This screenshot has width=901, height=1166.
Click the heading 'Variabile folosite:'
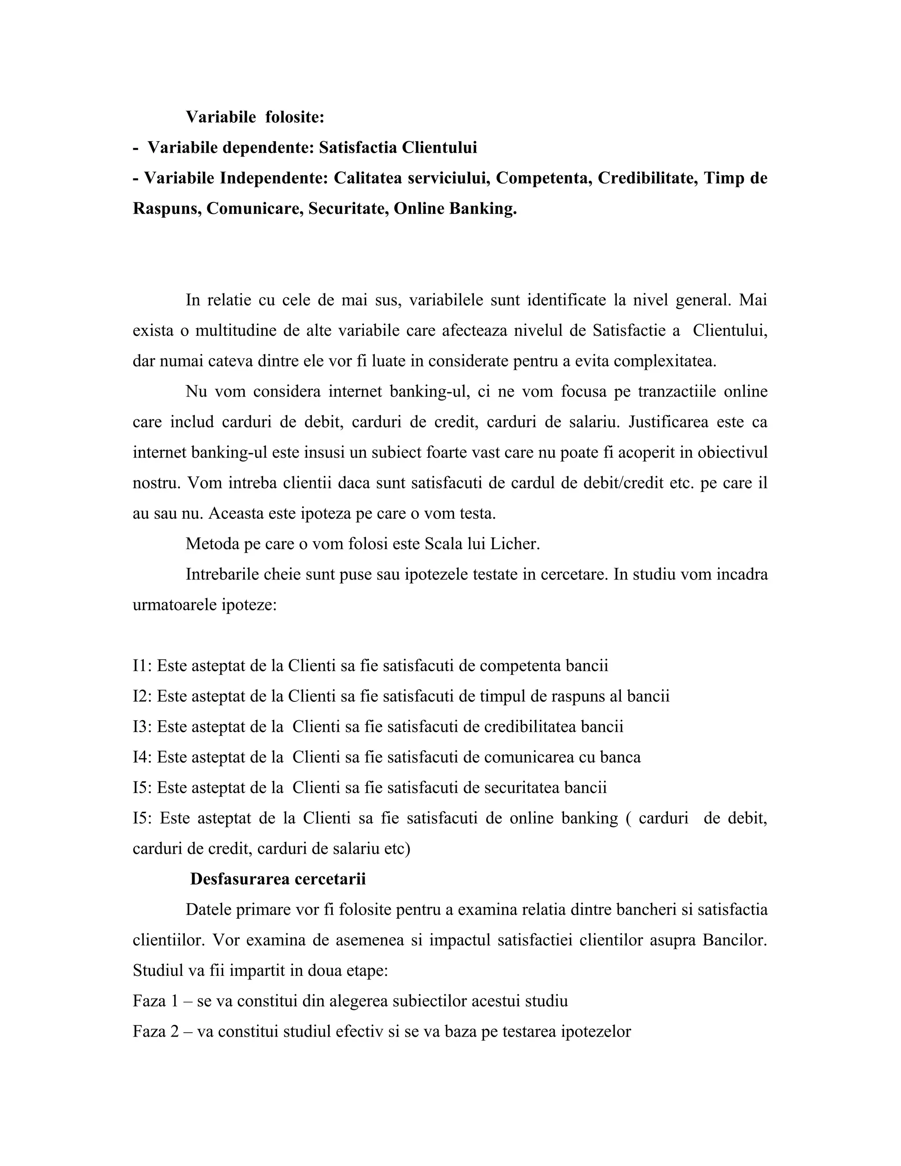click(255, 117)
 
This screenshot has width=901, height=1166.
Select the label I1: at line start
click(142, 666)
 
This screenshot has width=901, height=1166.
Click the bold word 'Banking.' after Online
click(483, 208)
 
